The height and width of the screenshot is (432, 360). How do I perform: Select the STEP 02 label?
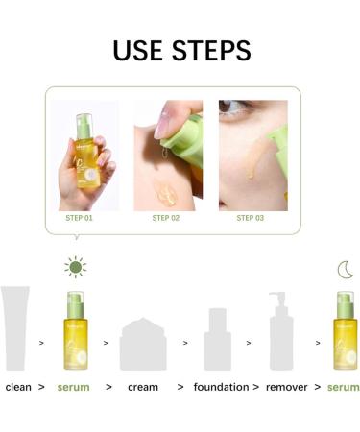click(166, 218)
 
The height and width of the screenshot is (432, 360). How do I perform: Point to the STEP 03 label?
click(250, 218)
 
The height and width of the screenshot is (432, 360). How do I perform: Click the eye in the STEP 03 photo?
click(240, 123)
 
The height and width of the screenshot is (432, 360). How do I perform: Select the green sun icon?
click(74, 268)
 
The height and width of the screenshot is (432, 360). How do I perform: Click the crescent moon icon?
click(345, 270)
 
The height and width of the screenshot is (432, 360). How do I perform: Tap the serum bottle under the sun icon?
click(75, 331)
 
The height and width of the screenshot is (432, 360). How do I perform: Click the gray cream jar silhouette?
click(143, 344)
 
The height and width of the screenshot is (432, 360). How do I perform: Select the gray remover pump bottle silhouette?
click(280, 331)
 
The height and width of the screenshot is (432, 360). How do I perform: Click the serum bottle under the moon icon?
click(345, 331)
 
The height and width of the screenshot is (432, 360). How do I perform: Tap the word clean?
click(18, 387)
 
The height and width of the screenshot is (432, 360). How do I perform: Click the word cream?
click(143, 387)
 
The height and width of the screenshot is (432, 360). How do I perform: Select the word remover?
click(288, 387)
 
